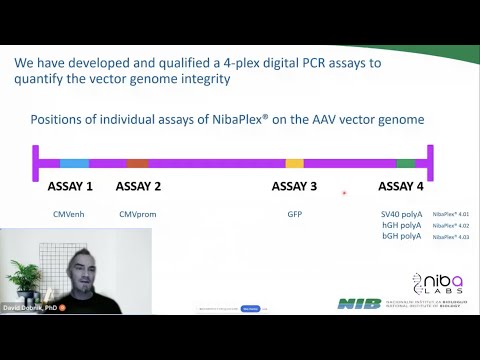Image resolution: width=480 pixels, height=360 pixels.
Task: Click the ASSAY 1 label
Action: [x=70, y=186]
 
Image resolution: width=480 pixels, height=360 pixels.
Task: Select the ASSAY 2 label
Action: [x=138, y=186]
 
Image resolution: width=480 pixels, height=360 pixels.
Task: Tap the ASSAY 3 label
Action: [x=294, y=186]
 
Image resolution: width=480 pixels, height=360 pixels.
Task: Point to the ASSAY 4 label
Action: [x=401, y=186]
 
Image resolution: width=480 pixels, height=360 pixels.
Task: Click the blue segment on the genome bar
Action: [x=74, y=163]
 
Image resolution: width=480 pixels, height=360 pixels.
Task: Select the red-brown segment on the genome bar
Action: [x=137, y=163]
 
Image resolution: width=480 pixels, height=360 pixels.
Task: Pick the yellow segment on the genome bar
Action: [x=294, y=163]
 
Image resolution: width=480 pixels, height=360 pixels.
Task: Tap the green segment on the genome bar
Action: [x=405, y=163]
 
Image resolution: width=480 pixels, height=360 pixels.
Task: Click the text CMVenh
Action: [x=69, y=214]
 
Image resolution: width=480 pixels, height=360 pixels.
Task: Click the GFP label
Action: [x=294, y=214]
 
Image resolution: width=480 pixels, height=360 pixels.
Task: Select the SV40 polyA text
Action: [x=401, y=214]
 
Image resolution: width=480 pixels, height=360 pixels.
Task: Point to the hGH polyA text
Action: [x=401, y=226]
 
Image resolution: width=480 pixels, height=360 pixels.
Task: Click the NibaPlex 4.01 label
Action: [x=451, y=214]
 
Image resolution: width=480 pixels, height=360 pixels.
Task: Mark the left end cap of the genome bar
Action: [x=35, y=162]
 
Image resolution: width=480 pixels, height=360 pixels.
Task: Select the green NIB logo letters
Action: [x=358, y=303]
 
